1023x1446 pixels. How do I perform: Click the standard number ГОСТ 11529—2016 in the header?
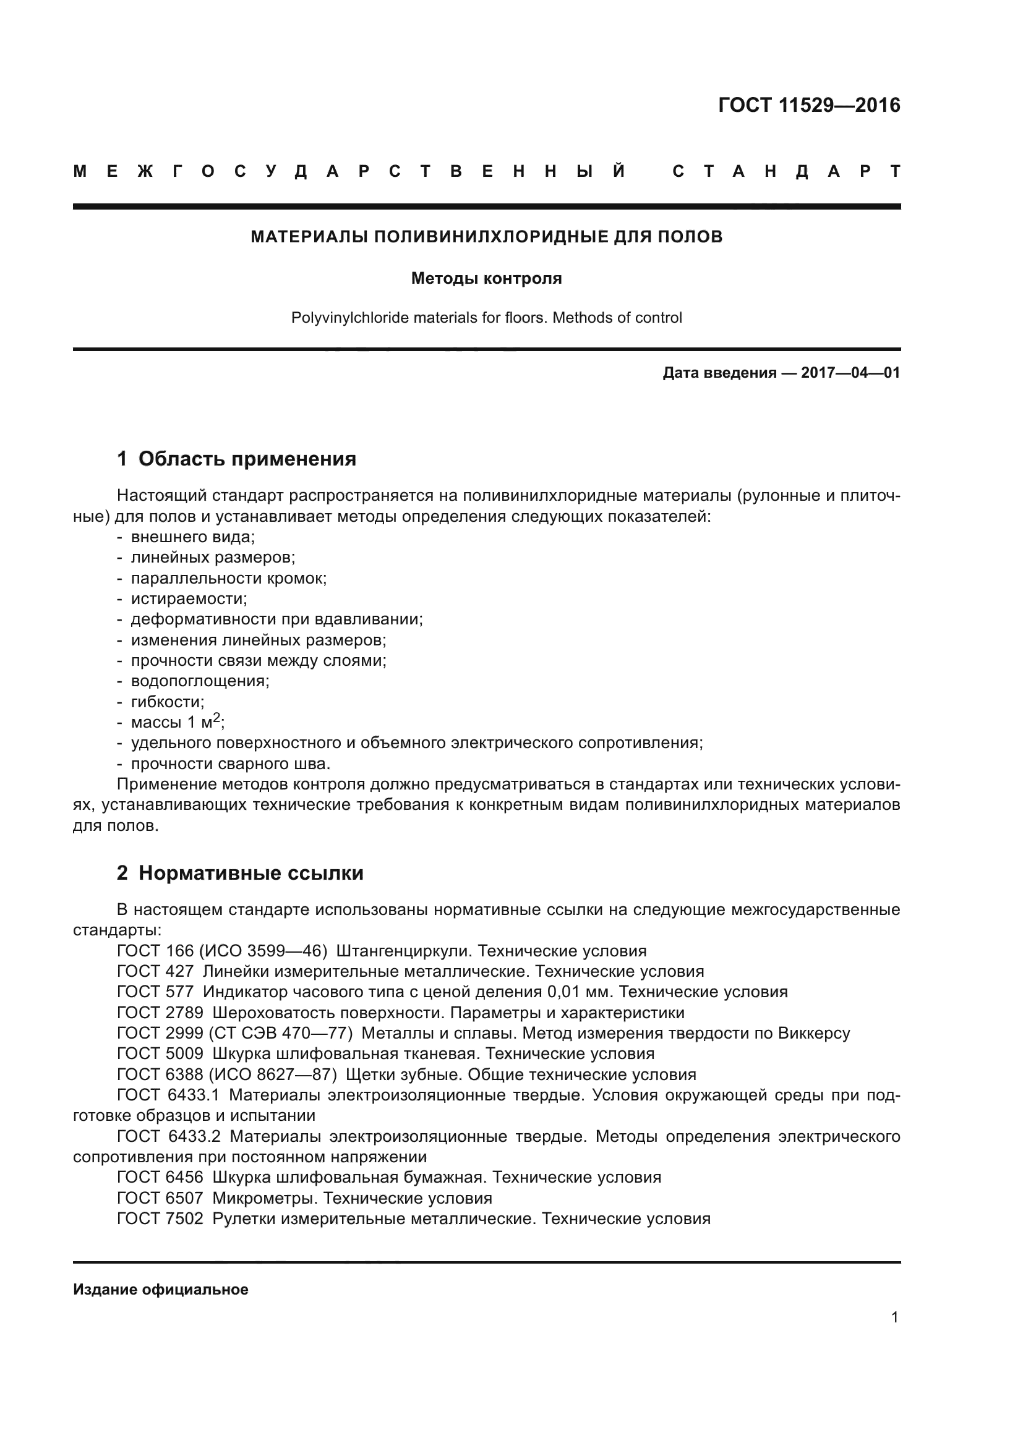(809, 105)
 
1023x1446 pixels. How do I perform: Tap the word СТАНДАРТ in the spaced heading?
(786, 171)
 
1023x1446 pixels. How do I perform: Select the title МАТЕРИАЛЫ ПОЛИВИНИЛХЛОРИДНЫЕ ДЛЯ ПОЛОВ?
(486, 237)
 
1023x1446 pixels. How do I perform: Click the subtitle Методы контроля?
(486, 278)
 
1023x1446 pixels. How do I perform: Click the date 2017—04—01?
(850, 373)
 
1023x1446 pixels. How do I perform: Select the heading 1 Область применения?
(237, 459)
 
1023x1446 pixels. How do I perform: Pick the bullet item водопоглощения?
(200, 681)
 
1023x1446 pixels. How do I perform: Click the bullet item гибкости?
(168, 702)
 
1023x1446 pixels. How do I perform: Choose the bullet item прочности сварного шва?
(231, 764)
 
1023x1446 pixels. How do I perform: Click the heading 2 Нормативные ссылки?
(241, 873)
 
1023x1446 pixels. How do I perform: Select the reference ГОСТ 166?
(155, 951)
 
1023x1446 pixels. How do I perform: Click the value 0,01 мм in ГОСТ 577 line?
(580, 992)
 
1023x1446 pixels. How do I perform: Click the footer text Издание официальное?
(161, 1289)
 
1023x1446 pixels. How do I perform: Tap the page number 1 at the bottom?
(894, 1317)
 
